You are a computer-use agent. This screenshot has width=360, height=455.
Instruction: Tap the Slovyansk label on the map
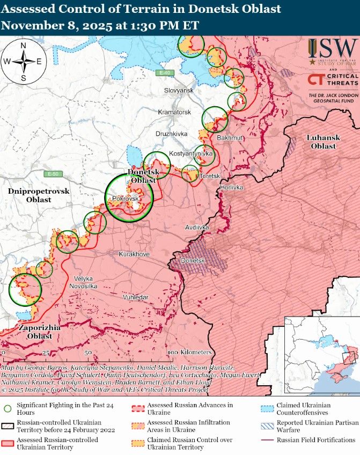pyautogui.click(x=179, y=91)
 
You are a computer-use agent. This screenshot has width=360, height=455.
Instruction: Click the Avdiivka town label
pyautogui.click(x=197, y=227)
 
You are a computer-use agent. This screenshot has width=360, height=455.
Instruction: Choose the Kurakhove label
pyautogui.click(x=134, y=254)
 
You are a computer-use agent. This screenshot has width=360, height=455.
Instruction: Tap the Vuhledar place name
pyautogui.click(x=135, y=297)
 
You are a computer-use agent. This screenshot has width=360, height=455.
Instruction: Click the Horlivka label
pyautogui.click(x=231, y=188)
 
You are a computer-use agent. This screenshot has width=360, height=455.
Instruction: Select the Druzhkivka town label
pyautogui.click(x=171, y=133)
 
